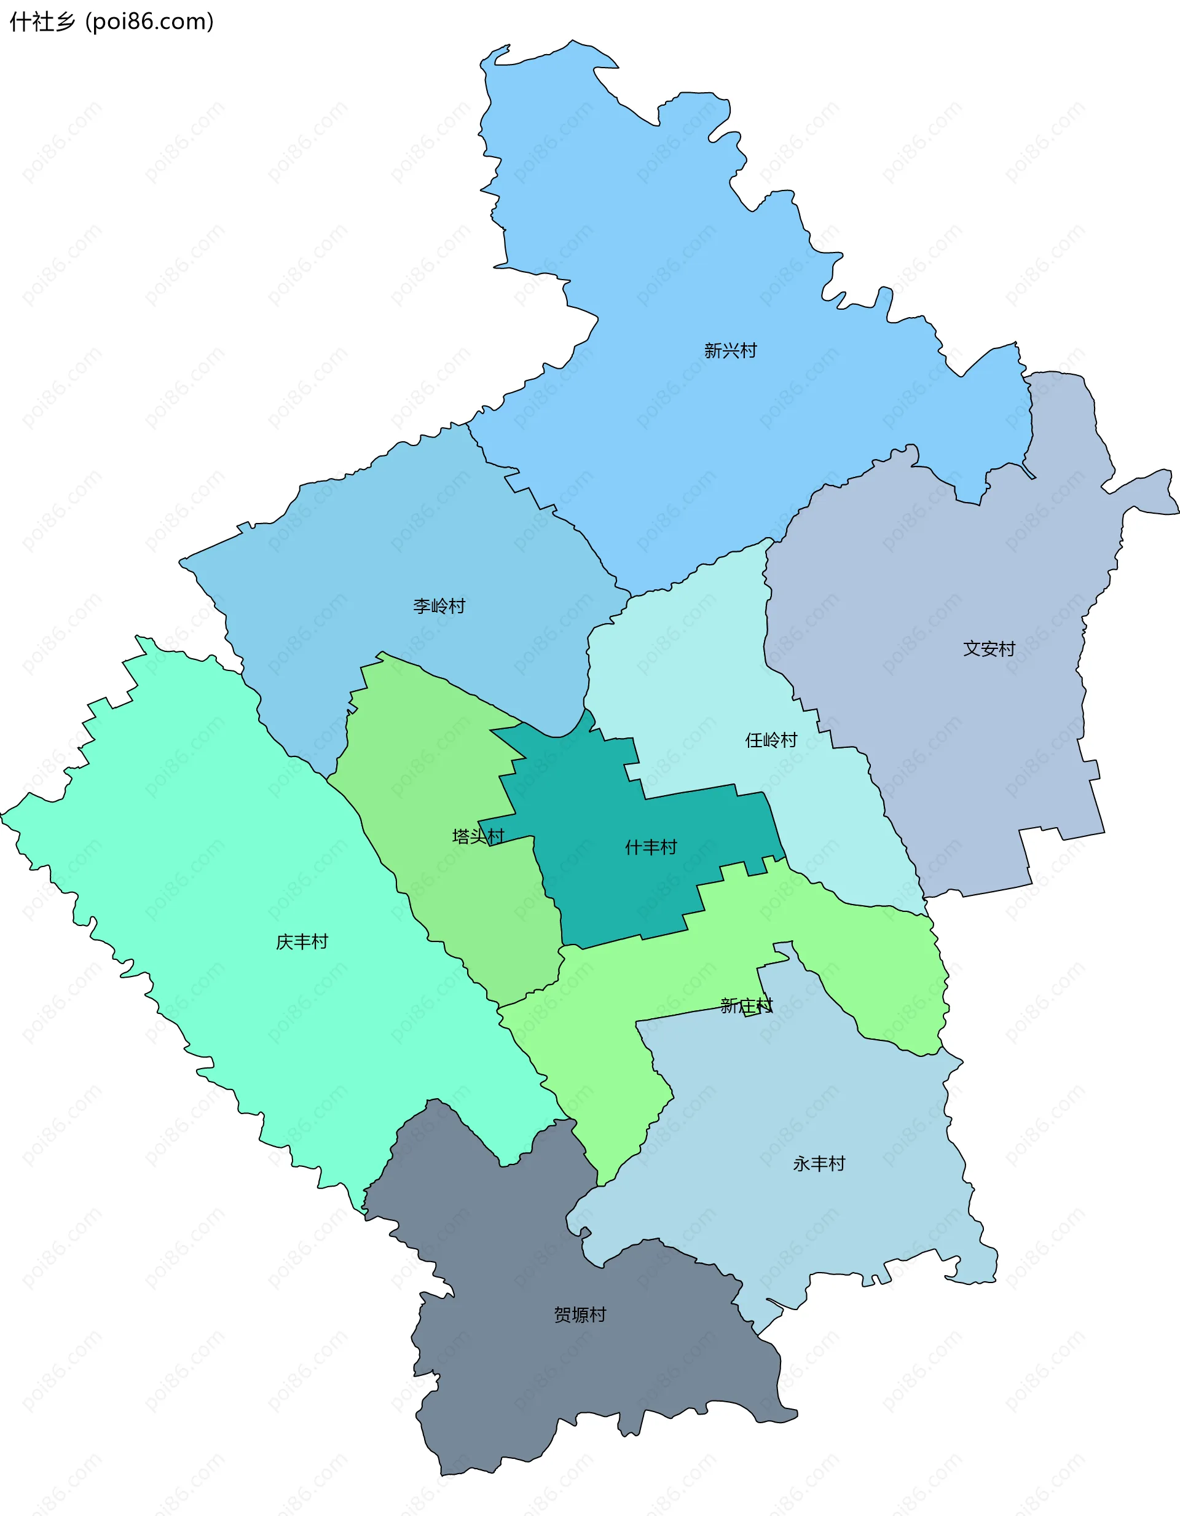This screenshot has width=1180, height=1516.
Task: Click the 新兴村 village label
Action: [x=730, y=350]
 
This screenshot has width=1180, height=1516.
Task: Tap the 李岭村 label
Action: [x=439, y=606]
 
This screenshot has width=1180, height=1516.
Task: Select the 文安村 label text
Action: [x=989, y=648]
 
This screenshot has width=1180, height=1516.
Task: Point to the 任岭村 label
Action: [x=771, y=740]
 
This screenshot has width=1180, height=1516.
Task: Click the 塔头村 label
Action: [x=478, y=836]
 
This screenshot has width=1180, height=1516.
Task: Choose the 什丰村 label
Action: [x=650, y=847]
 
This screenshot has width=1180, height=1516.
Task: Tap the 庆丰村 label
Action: [x=302, y=941]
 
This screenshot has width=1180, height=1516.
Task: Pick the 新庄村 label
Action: [x=746, y=1005]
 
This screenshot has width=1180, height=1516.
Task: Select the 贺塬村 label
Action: [x=580, y=1314]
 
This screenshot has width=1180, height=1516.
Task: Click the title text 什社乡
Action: [x=42, y=22]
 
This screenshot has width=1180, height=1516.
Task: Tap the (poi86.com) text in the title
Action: [x=149, y=22]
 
